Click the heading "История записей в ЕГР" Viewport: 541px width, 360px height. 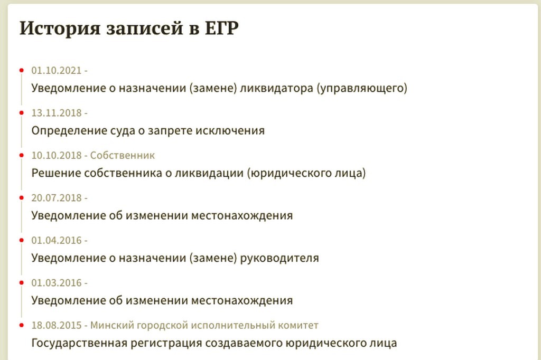click(x=129, y=29)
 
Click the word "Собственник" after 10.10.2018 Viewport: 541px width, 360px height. click(x=123, y=155)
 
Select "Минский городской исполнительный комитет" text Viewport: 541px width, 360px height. click(x=204, y=325)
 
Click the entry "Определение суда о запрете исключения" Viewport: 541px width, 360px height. click(x=148, y=130)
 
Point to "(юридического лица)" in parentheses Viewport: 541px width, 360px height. click(x=306, y=173)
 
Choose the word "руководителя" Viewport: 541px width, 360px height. click(x=279, y=258)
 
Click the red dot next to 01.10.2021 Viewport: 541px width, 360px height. click(x=22, y=70)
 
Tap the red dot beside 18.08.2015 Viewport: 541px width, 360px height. click(x=22, y=325)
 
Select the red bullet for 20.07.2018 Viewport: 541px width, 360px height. click(x=22, y=198)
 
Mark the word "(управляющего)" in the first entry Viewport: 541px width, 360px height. click(x=362, y=88)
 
